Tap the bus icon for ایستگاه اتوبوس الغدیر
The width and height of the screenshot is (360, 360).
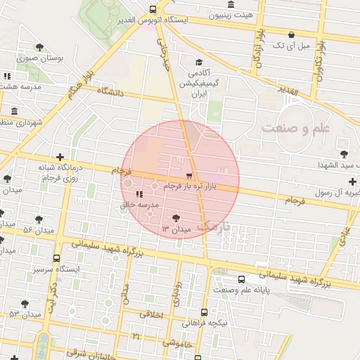click(153, 9)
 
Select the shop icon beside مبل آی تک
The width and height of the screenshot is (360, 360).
click(291, 34)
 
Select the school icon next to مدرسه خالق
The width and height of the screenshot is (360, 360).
click(139, 194)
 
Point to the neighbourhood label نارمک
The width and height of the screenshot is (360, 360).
click(213, 226)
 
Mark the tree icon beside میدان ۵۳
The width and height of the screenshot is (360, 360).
click(25, 304)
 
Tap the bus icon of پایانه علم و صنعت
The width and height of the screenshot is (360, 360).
click(243, 279)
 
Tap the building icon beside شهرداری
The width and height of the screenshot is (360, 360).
click(15, 111)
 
